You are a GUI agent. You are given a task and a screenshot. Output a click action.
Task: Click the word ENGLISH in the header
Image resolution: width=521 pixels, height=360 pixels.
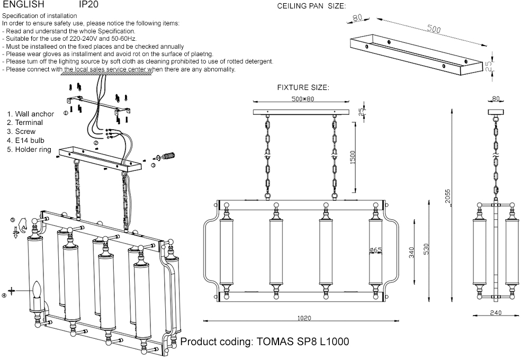tap(23, 5)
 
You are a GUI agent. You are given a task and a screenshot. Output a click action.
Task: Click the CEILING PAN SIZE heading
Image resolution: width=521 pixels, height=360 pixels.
tap(311, 6)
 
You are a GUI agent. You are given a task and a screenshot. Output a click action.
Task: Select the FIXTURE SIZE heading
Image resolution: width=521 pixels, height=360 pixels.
tap(303, 87)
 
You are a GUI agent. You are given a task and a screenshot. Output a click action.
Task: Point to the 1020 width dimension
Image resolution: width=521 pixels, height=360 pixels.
tap(304, 318)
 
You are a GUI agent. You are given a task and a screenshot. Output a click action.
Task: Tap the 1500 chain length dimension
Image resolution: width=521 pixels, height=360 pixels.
tap(353, 157)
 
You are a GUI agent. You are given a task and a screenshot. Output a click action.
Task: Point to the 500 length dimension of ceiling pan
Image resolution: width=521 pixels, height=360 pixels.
tap(434, 30)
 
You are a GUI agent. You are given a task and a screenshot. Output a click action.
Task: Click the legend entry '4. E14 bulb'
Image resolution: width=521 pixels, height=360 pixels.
tap(25, 140)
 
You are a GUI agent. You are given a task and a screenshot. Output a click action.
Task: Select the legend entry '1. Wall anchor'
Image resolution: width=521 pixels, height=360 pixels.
tap(30, 114)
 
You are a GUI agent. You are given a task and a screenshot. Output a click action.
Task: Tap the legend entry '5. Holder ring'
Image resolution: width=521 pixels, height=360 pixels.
tap(29, 149)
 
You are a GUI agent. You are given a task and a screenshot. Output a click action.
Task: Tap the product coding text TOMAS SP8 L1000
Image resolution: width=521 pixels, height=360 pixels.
tap(265, 341)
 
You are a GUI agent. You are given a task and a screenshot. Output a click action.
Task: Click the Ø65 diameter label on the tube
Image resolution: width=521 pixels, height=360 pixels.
tap(376, 250)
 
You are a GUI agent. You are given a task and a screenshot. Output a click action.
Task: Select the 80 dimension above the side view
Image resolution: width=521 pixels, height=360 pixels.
tap(496, 98)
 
